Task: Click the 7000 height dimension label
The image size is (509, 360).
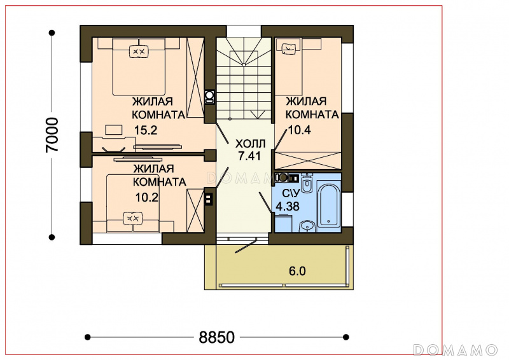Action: (52, 135)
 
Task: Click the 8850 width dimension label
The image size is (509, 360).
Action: (216, 337)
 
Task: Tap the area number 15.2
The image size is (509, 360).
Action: (146, 130)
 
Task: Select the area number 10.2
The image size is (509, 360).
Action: (147, 197)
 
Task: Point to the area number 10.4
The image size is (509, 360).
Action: (299, 130)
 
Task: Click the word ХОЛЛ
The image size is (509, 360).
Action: (250, 144)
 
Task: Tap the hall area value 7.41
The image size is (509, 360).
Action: (249, 156)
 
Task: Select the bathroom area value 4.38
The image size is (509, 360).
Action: (288, 206)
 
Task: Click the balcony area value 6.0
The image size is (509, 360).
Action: (297, 271)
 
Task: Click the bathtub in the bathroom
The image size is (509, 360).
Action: (329, 206)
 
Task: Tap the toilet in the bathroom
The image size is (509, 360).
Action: (306, 183)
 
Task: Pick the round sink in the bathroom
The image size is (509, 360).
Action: (307, 226)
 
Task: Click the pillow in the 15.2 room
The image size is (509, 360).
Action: (139, 52)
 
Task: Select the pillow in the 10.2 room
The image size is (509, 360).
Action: (133, 218)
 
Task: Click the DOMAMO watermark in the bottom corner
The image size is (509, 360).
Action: (455, 350)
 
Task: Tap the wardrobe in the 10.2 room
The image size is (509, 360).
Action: (195, 211)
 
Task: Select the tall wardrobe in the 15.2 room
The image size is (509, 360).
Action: (195, 78)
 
